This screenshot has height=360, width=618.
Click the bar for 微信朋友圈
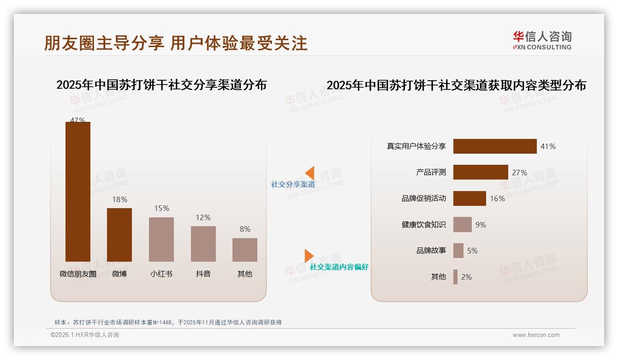(78, 192)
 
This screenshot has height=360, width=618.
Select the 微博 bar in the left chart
(119, 234)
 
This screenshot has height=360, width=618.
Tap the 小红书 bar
(161, 239)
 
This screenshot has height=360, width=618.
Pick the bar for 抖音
(203, 244)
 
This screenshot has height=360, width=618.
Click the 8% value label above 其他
(245, 229)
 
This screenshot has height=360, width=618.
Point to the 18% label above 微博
(119, 199)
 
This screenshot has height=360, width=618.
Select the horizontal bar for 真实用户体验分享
(495, 146)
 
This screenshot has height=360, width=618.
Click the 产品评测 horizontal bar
(481, 172)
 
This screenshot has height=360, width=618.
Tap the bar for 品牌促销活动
(469, 198)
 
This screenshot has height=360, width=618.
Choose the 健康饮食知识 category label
(423, 225)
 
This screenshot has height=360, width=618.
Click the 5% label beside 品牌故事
(472, 251)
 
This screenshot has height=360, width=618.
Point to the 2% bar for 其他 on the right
(455, 277)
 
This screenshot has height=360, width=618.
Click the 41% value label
(548, 146)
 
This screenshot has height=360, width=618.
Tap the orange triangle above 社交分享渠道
(310, 173)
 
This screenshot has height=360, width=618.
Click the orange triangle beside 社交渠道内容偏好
(309, 256)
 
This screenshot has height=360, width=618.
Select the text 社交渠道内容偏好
(339, 267)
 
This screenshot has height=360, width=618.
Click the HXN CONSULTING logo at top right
(542, 41)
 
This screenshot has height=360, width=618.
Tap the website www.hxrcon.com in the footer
(536, 335)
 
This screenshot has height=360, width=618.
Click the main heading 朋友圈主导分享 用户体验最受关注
(176, 43)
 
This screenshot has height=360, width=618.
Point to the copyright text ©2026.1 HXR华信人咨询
(85, 335)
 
